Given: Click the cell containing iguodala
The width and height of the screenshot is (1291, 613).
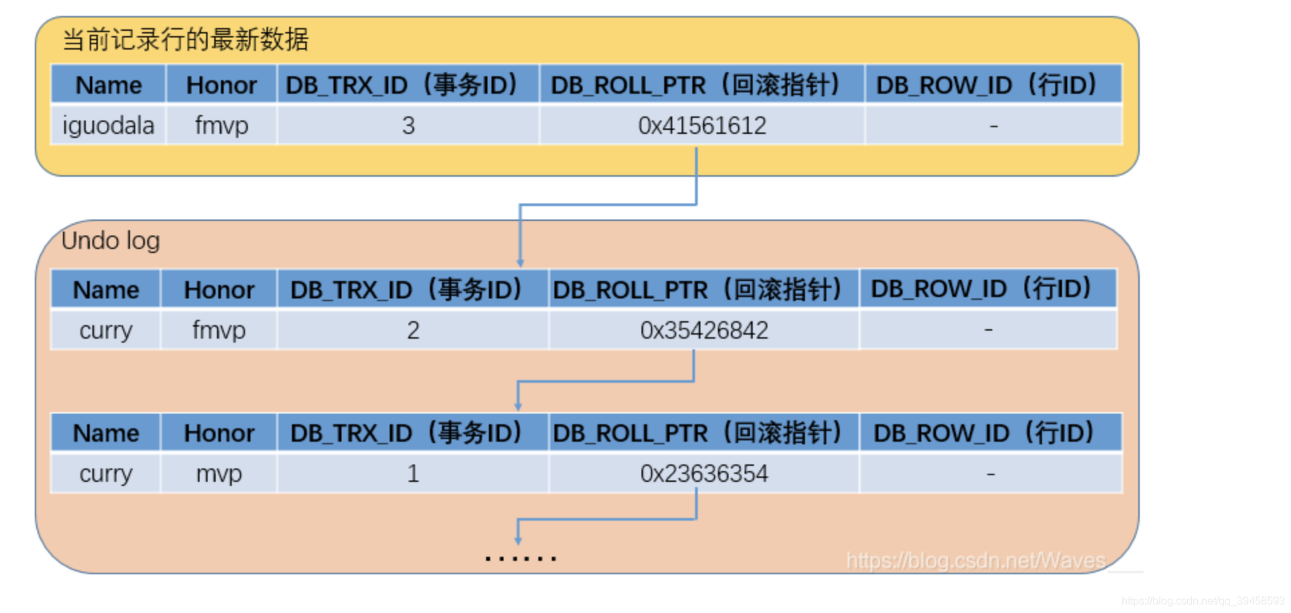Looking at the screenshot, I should coord(108,125).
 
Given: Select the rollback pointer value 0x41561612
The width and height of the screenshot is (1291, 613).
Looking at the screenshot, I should coord(702,125).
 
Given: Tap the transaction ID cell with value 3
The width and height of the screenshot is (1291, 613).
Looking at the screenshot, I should coord(408,125).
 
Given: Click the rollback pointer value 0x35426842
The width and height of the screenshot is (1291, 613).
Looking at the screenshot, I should coord(704,330).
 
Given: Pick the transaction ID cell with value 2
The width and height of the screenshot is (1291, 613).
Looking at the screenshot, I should coord(412,330).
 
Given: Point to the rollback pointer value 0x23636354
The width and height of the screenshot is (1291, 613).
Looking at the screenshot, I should coord(704,473).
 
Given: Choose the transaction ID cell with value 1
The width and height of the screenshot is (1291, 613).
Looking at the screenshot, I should coord(412,473).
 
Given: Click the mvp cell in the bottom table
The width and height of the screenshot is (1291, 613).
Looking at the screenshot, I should coord(218,473).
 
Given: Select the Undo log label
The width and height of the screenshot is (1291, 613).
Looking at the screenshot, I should coord(110,240).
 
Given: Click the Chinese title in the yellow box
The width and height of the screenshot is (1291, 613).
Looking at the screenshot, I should coord(185,39).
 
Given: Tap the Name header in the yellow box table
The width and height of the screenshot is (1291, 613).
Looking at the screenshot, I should coord(108,85).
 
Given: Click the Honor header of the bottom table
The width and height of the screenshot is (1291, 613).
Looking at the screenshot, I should coord(218,433).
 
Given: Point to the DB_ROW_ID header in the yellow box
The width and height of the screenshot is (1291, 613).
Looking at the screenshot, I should coord(986,85).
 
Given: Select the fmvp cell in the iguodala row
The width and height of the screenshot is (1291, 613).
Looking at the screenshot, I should coord(221,125).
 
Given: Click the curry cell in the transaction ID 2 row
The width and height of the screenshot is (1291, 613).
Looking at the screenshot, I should coord(106,330).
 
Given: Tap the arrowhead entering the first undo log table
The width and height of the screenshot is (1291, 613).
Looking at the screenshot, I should coord(520,262).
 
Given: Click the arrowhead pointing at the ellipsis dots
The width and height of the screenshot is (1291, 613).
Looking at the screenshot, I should coord(518,539).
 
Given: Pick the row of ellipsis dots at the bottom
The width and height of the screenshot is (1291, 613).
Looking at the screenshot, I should coord(520,557).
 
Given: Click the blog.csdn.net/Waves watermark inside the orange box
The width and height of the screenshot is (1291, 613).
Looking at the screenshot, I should coord(975,560).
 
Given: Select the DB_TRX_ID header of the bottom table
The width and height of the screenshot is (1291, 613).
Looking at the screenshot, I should coord(406,433).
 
